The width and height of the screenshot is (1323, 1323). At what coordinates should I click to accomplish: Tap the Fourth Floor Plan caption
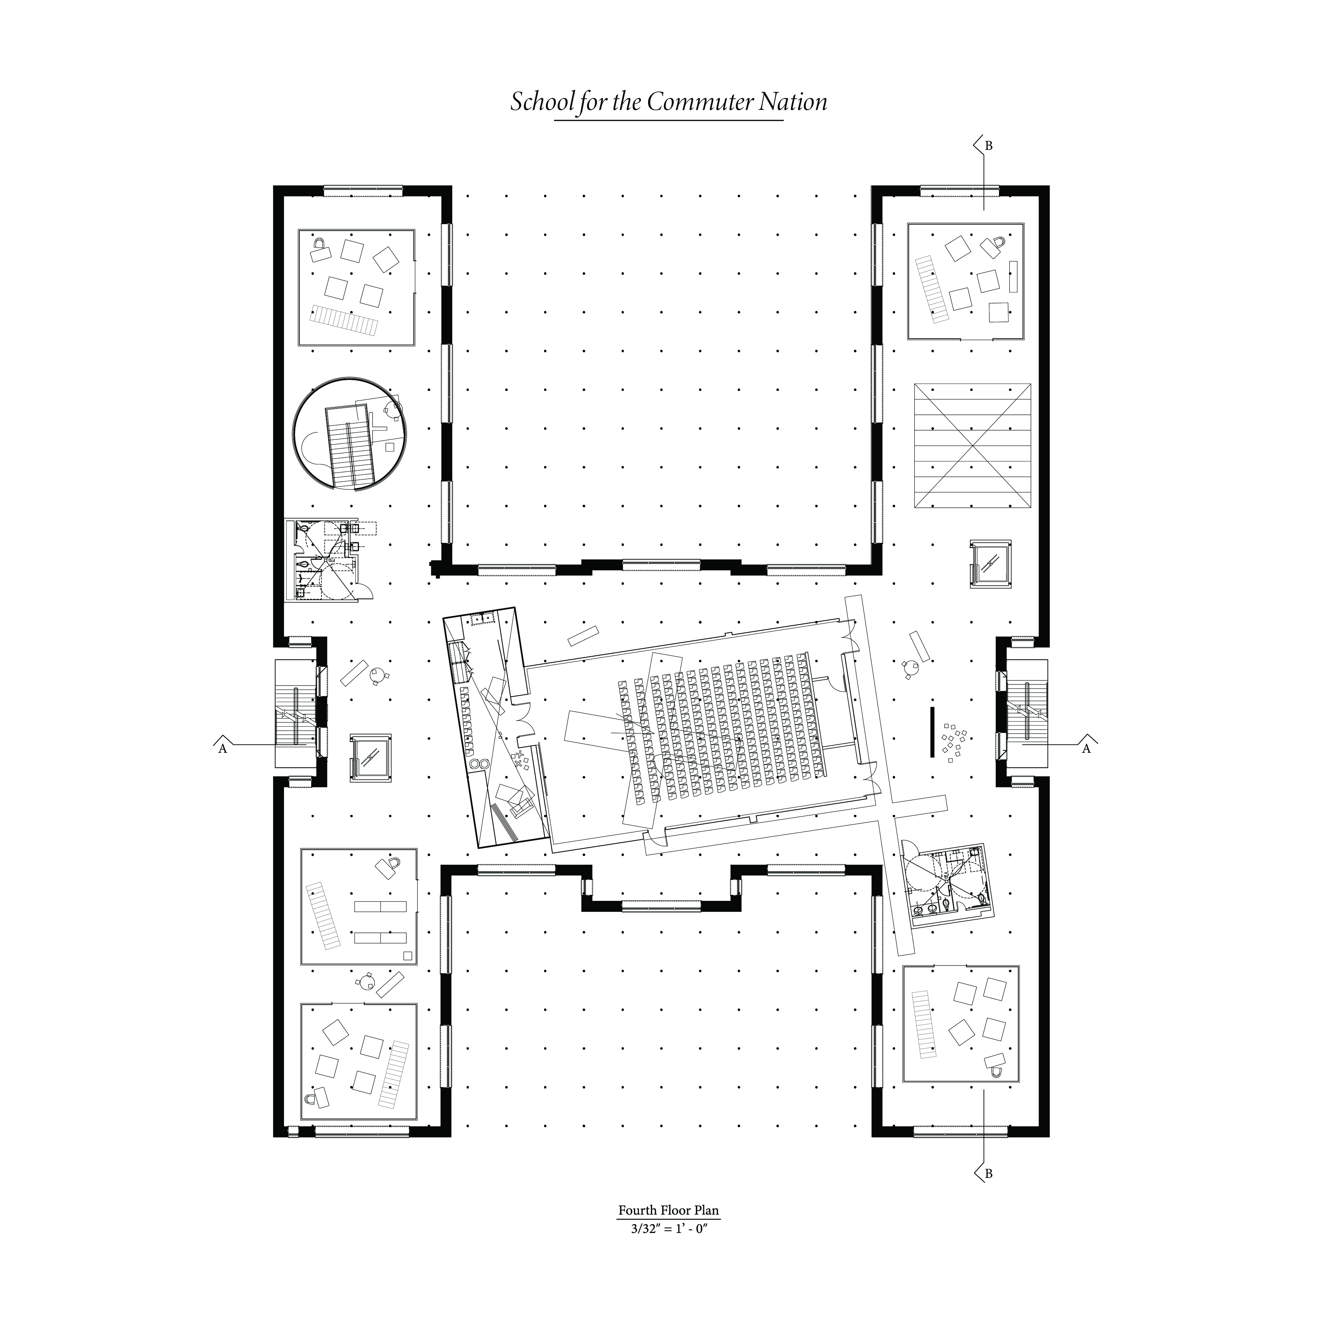pyautogui.click(x=668, y=1210)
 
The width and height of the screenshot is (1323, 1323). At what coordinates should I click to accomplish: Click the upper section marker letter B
pyautogui.click(x=988, y=146)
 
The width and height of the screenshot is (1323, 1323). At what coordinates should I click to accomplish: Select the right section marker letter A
pyautogui.click(x=1086, y=749)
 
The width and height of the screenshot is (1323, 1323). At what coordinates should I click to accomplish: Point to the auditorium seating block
pyautogui.click(x=726, y=727)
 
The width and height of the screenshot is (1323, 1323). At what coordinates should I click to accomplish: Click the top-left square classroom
pyautogui.click(x=356, y=288)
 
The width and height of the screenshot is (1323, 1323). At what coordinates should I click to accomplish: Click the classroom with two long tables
pyautogui.click(x=359, y=906)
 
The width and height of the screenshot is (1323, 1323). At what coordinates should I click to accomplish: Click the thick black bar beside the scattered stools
pyautogui.click(x=932, y=732)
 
